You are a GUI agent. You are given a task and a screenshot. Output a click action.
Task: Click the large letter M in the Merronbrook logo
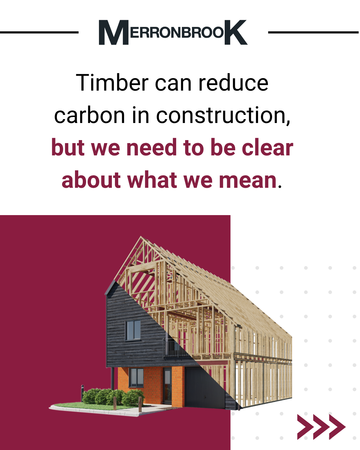click(114, 32)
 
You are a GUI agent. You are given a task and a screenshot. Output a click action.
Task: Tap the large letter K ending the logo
click(236, 32)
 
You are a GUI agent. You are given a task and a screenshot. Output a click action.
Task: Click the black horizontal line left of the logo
click(39, 32)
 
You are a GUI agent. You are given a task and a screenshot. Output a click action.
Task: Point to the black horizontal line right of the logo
click(313, 32)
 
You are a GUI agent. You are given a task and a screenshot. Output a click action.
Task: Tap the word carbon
click(89, 115)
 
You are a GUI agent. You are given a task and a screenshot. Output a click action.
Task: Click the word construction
click(223, 115)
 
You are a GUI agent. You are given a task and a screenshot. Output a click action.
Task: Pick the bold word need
click(151, 148)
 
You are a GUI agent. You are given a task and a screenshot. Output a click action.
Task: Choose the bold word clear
click(268, 148)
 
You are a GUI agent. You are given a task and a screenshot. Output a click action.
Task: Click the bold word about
click(91, 180)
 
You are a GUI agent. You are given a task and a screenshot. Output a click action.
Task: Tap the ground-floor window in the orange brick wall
click(136, 378)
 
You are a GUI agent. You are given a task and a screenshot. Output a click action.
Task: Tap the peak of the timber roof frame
click(141, 237)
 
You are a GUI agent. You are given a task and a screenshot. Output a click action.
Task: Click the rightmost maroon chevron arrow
click(337, 427)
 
